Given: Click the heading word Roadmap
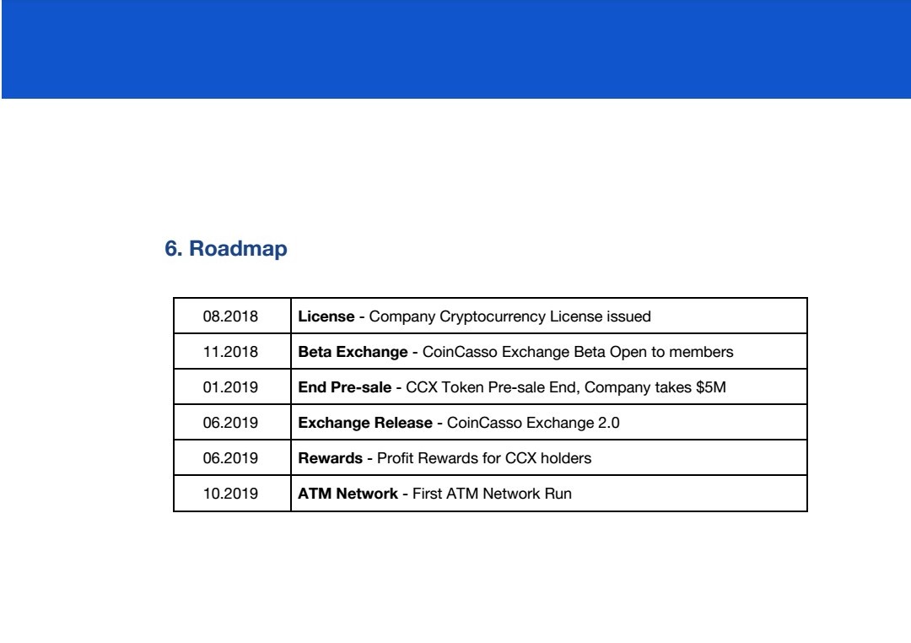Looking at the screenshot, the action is pyautogui.click(x=238, y=248).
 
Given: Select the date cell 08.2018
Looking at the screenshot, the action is pyautogui.click(x=230, y=316).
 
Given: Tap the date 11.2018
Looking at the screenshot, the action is pyautogui.click(x=230, y=352).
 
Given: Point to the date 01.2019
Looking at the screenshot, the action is pyautogui.click(x=230, y=387).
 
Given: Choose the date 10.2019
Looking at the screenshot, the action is pyautogui.click(x=230, y=494).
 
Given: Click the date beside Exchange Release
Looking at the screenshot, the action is pyautogui.click(x=230, y=423).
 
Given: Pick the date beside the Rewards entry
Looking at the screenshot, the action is pyautogui.click(x=230, y=458).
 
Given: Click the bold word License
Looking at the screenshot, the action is pyautogui.click(x=326, y=316).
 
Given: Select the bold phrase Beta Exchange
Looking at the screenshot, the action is pyautogui.click(x=353, y=353).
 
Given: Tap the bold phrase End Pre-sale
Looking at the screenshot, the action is pyautogui.click(x=344, y=387).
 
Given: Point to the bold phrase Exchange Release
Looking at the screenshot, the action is pyautogui.click(x=365, y=424).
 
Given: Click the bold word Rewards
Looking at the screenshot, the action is pyautogui.click(x=330, y=458).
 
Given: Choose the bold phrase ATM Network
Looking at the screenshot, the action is pyautogui.click(x=348, y=494).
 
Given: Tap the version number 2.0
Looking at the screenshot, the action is pyautogui.click(x=608, y=423).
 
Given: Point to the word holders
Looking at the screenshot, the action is pyautogui.click(x=566, y=458).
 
